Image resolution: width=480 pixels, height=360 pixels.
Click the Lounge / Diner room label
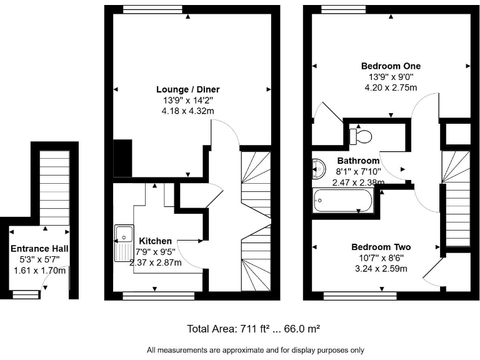tap(191, 89)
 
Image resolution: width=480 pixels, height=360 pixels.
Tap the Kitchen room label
tap(156, 241)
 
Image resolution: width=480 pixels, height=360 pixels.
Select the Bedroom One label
tap(391, 66)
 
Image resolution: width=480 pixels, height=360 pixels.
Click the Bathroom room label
tap(358, 161)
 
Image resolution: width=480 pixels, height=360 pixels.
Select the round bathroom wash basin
tap(317, 168)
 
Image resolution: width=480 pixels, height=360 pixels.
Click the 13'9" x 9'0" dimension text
tap(391, 77)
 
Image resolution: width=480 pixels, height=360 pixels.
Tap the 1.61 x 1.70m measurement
tap(40, 271)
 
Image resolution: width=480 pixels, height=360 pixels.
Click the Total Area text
tap(254, 328)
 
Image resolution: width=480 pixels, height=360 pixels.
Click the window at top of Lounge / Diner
tap(148, 9)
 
